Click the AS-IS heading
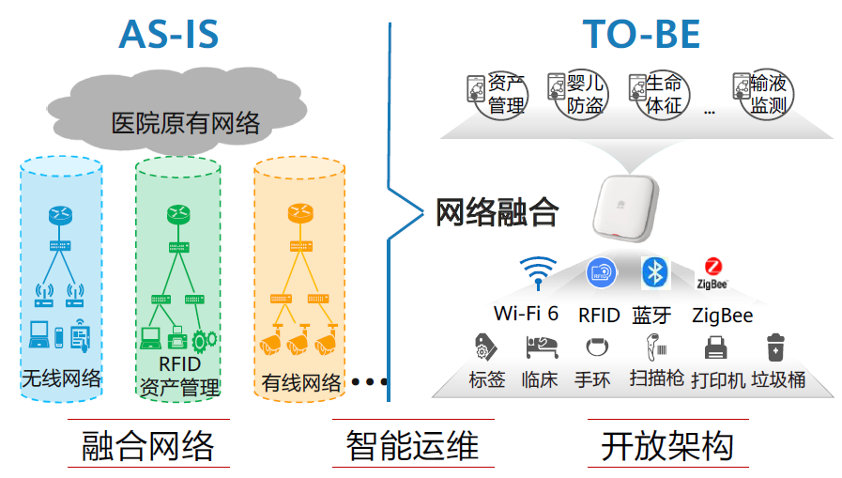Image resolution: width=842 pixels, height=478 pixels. click(x=168, y=35)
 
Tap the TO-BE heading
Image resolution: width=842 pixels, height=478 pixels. click(x=641, y=35)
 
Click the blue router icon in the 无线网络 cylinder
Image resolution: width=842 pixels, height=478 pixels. click(x=59, y=215)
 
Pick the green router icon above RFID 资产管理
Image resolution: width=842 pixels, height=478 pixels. click(x=177, y=215)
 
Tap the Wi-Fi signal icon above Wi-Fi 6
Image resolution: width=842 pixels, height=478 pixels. click(x=537, y=273)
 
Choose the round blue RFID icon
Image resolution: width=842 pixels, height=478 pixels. click(x=601, y=273)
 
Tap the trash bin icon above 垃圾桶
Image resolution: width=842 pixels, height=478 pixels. click(x=775, y=348)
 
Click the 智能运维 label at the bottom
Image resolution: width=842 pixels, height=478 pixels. click(x=412, y=443)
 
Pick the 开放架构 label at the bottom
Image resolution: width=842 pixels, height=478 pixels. click(x=667, y=443)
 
